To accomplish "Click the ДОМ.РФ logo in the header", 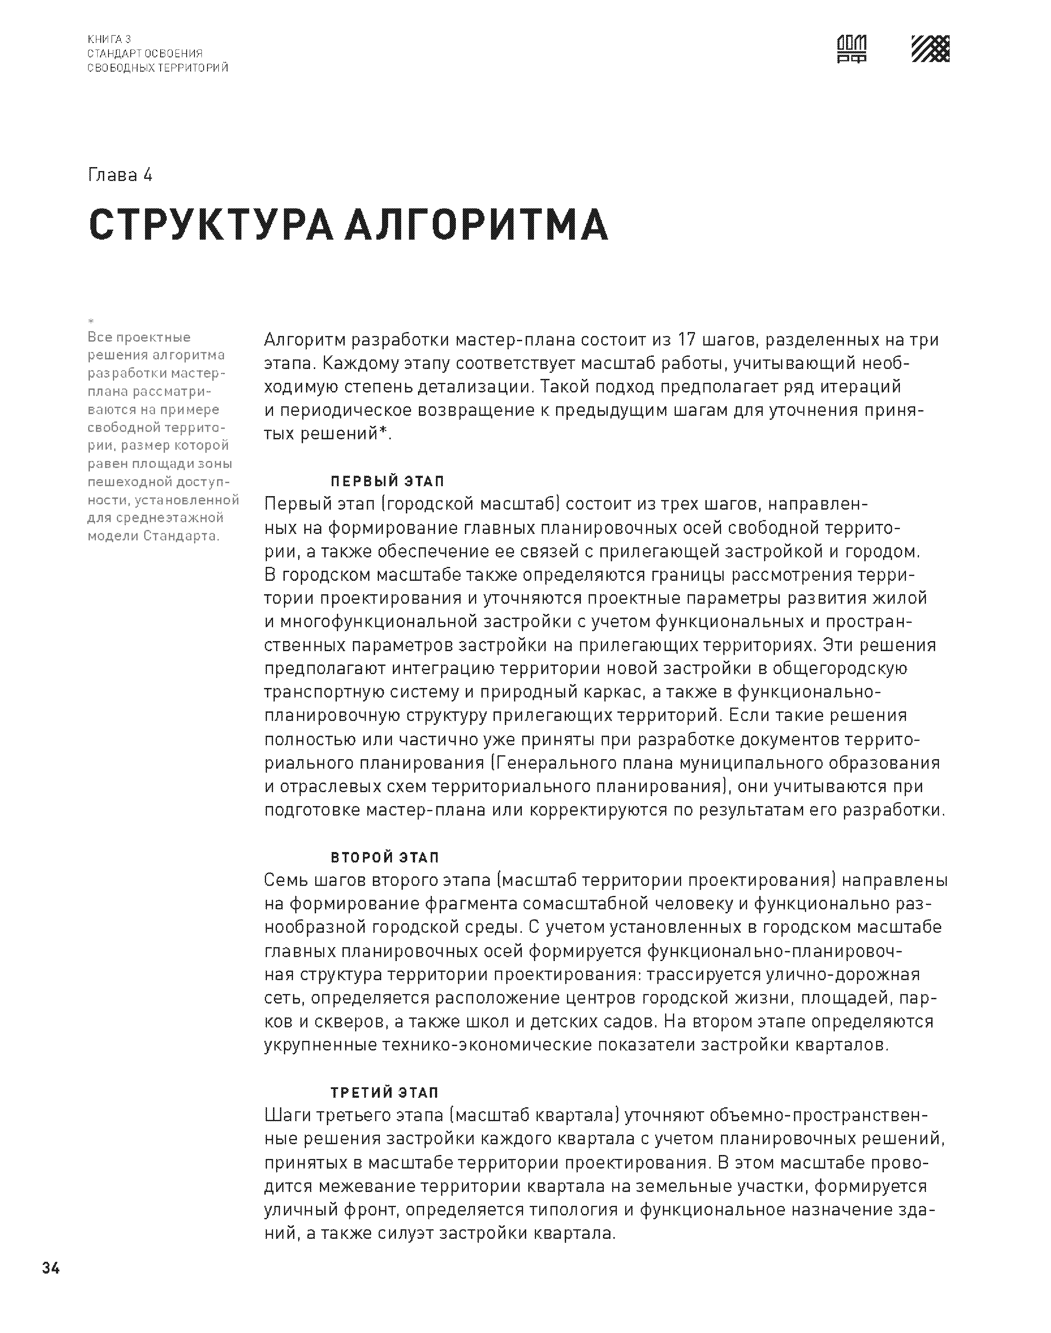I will (x=852, y=49).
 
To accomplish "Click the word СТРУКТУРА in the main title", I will (x=211, y=225).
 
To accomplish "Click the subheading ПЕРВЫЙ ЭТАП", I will (x=388, y=481).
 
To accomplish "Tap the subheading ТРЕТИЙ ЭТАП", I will (x=385, y=1093).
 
